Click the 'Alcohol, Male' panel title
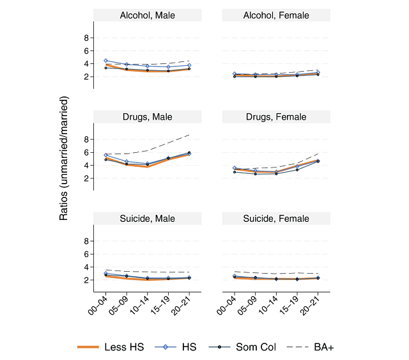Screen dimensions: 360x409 click(x=147, y=15)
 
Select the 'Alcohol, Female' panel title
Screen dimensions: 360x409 click(x=275, y=15)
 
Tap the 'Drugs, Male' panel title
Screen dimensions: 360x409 click(x=147, y=117)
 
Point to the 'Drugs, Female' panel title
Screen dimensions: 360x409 click(x=275, y=117)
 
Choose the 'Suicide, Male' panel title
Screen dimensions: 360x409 click(x=147, y=219)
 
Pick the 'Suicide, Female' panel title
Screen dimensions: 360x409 click(x=275, y=219)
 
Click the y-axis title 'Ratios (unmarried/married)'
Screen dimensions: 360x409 click(x=64, y=158)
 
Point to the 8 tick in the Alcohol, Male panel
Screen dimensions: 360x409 click(x=86, y=38)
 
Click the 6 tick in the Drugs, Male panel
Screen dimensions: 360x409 click(x=86, y=152)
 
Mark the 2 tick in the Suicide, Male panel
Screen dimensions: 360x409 click(x=86, y=280)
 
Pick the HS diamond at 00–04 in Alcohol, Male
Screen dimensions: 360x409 click(x=106, y=61)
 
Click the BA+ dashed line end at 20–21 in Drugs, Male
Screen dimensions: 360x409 click(x=189, y=134)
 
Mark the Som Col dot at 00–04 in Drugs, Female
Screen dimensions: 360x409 click(x=235, y=171)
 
